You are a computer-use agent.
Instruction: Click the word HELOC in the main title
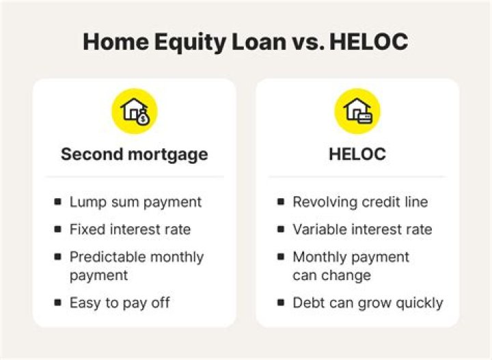[x=368, y=42]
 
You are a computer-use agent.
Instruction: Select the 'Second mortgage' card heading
[x=134, y=154]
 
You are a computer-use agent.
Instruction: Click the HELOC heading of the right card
[x=357, y=154]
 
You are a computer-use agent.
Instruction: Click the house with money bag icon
[x=135, y=111]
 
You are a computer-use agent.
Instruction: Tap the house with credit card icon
[x=357, y=111]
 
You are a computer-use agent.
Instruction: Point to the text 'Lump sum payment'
[x=135, y=202]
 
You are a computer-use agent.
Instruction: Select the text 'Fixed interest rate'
[x=130, y=230]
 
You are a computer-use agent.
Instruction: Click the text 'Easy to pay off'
[x=120, y=303]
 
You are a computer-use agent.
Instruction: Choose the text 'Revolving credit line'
[x=360, y=202]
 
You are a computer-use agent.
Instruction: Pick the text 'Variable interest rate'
[x=362, y=230]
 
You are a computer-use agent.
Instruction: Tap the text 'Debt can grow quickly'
[x=368, y=303]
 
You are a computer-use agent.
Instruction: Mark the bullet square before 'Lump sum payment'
[x=57, y=202]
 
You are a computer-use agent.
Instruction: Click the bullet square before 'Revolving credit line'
[x=280, y=202]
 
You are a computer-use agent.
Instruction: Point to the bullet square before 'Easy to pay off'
[x=57, y=303]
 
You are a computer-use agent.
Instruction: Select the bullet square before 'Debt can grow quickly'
[x=280, y=303]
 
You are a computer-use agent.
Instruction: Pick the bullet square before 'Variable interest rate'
[x=280, y=230]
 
